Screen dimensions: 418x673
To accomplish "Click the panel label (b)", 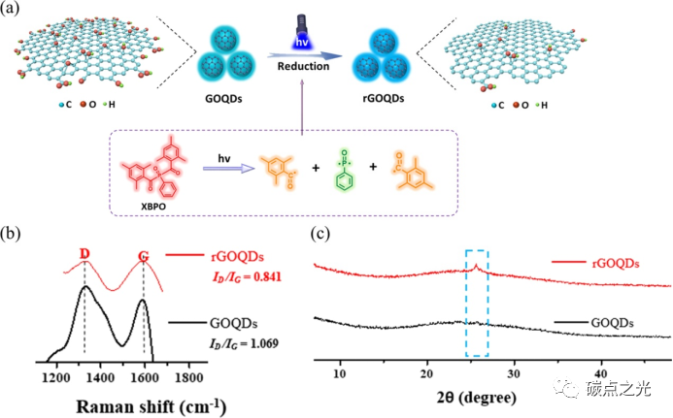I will point(14,234).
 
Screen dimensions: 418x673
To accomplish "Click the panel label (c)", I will point(322,234).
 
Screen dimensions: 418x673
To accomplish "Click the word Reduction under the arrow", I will point(301,67).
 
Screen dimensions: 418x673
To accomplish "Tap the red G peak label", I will point(144,256).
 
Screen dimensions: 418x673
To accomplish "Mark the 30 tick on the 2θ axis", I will point(514,373).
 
